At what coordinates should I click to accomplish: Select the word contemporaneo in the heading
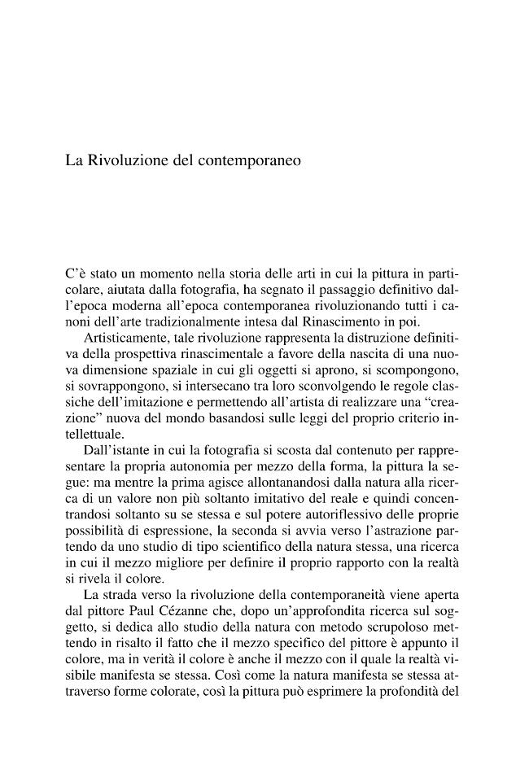click(x=249, y=160)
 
